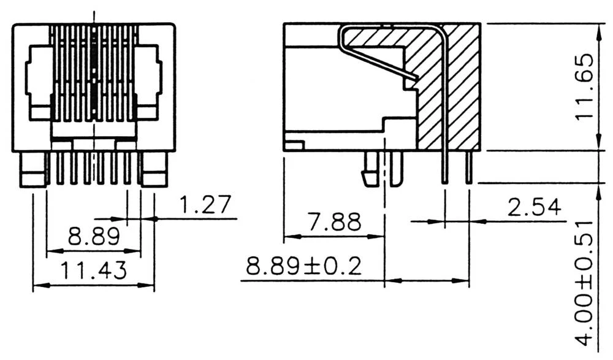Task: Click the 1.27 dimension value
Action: click(x=205, y=205)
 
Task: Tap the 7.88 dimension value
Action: click(x=334, y=222)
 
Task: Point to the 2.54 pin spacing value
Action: click(x=534, y=207)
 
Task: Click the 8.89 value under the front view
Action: click(x=93, y=237)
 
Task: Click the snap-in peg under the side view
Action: click(x=370, y=170)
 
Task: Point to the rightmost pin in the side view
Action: click(x=469, y=167)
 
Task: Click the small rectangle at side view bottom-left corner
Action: click(x=294, y=145)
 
